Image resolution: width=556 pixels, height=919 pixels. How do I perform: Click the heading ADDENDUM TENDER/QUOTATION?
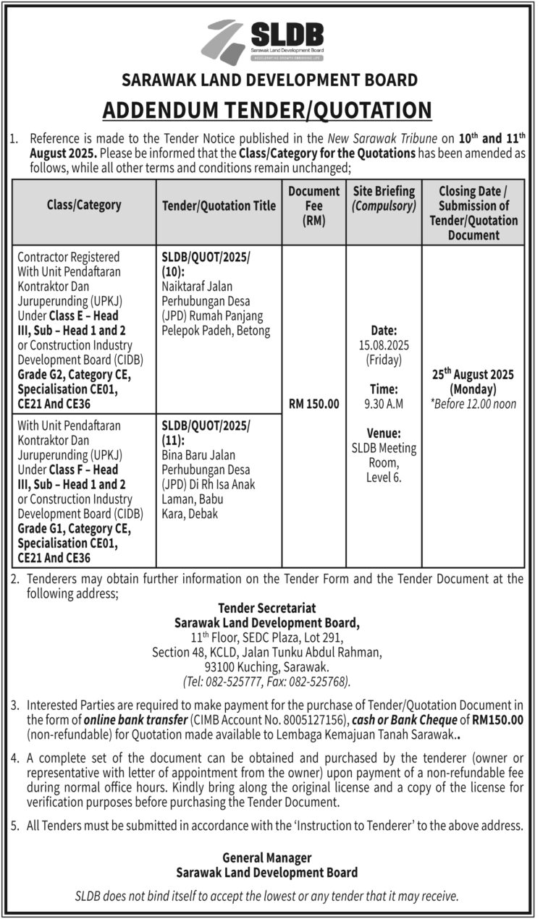pyautogui.click(x=267, y=110)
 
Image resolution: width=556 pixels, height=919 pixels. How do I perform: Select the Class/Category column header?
pyautogui.click(x=84, y=205)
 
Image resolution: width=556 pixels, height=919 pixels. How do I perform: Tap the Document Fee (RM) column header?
pyautogui.click(x=313, y=206)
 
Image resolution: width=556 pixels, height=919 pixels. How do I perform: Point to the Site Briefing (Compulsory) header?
pyautogui.click(x=384, y=198)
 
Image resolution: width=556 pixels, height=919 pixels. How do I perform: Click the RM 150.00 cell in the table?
pyautogui.click(x=313, y=405)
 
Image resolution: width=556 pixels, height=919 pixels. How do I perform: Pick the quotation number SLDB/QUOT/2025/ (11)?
pyautogui.click(x=206, y=433)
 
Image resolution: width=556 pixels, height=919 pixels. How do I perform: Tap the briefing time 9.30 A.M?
pyautogui.click(x=384, y=405)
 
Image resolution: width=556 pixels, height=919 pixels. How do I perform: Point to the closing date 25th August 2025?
pyautogui.click(x=473, y=374)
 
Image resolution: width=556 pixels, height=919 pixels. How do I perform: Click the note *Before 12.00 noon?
pyautogui.click(x=473, y=404)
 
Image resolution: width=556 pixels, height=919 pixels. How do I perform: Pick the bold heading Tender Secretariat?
pyautogui.click(x=267, y=609)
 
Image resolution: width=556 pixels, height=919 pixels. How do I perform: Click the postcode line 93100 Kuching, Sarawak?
pyautogui.click(x=267, y=666)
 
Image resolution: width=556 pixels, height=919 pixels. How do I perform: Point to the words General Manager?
pyautogui.click(x=267, y=857)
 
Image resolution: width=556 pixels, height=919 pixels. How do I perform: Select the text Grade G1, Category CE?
pyautogui.click(x=75, y=529)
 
